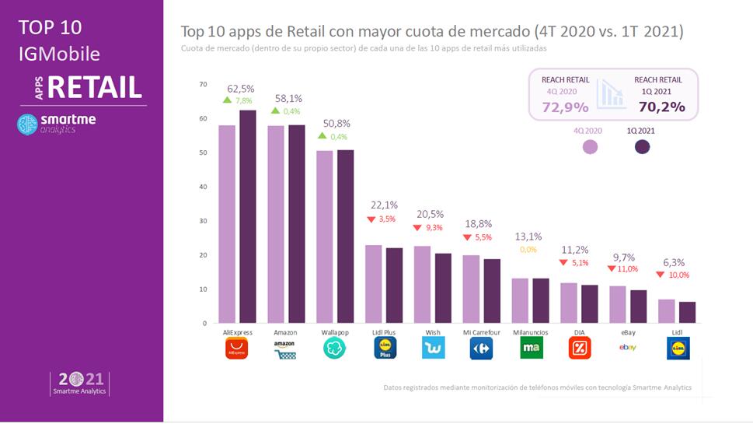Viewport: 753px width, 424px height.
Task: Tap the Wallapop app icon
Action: (335, 349)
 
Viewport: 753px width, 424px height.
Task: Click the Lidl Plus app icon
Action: (384, 349)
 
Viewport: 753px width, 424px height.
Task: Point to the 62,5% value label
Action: (240, 89)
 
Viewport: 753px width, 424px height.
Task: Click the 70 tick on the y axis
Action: (203, 84)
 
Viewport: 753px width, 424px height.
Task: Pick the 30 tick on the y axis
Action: (203, 221)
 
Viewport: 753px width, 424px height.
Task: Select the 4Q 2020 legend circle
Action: (590, 146)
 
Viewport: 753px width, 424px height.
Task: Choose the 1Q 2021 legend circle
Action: (642, 146)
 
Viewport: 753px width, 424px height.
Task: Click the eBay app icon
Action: (628, 348)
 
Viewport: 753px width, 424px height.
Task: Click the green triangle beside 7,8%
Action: (227, 100)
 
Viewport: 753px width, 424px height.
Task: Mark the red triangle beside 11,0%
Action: (612, 268)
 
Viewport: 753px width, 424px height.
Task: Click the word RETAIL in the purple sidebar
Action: (95, 87)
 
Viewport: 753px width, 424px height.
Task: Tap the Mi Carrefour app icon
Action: (482, 349)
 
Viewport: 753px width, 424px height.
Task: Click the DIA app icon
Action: (580, 349)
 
